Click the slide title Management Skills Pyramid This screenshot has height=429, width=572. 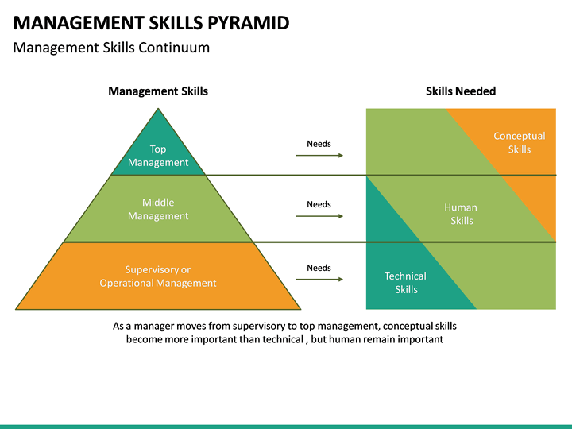tap(151, 22)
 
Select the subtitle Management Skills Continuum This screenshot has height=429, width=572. tap(112, 48)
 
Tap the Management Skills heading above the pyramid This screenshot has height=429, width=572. tap(158, 91)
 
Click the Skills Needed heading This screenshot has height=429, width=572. tap(461, 91)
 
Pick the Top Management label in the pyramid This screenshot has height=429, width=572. tap(158, 156)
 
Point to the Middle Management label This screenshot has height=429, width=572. tap(158, 209)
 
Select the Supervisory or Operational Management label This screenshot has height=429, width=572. tap(158, 276)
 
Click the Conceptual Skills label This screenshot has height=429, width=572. tap(519, 143)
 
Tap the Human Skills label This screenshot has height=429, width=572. tap(461, 214)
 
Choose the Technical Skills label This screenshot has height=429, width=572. tap(405, 283)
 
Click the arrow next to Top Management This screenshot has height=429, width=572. tap(319, 155)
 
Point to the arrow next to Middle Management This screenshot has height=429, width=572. tap(319, 215)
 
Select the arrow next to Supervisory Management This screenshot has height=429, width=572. tap(319, 279)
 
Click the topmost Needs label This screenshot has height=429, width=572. tap(319, 144)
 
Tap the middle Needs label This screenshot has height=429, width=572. tap(319, 205)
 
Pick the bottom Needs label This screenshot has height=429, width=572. tap(319, 269)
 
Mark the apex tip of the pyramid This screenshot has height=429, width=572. tap(158, 110)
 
